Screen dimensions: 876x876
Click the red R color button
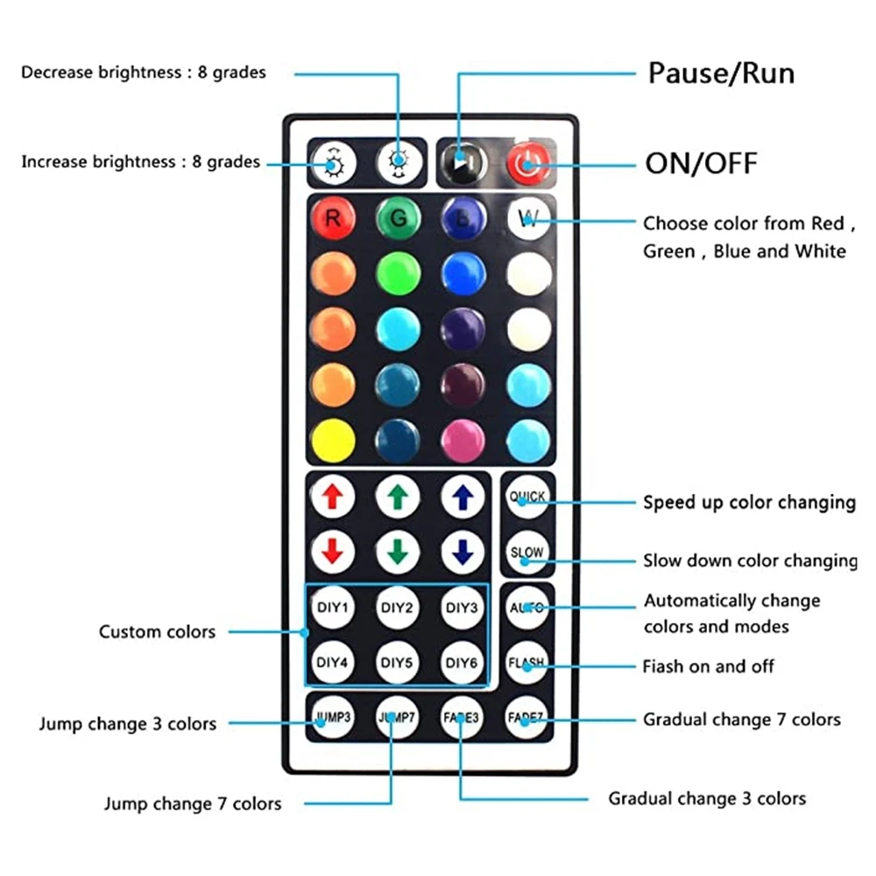coord(332,219)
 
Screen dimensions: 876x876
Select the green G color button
coord(399,219)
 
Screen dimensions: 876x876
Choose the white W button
coord(529,219)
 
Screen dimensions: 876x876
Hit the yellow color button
coord(332,441)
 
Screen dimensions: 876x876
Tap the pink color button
coord(463,441)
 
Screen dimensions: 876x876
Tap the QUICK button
coord(527,498)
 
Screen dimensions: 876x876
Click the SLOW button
coord(527,553)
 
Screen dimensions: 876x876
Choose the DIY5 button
coord(398,662)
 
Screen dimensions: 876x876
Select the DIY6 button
coord(463,662)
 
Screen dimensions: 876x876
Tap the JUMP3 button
coord(332,717)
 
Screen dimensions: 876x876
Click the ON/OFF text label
coord(701,163)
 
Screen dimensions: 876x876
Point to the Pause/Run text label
coord(721,73)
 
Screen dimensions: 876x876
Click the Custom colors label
coord(157,632)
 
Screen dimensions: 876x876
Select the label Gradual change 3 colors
coord(707,798)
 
